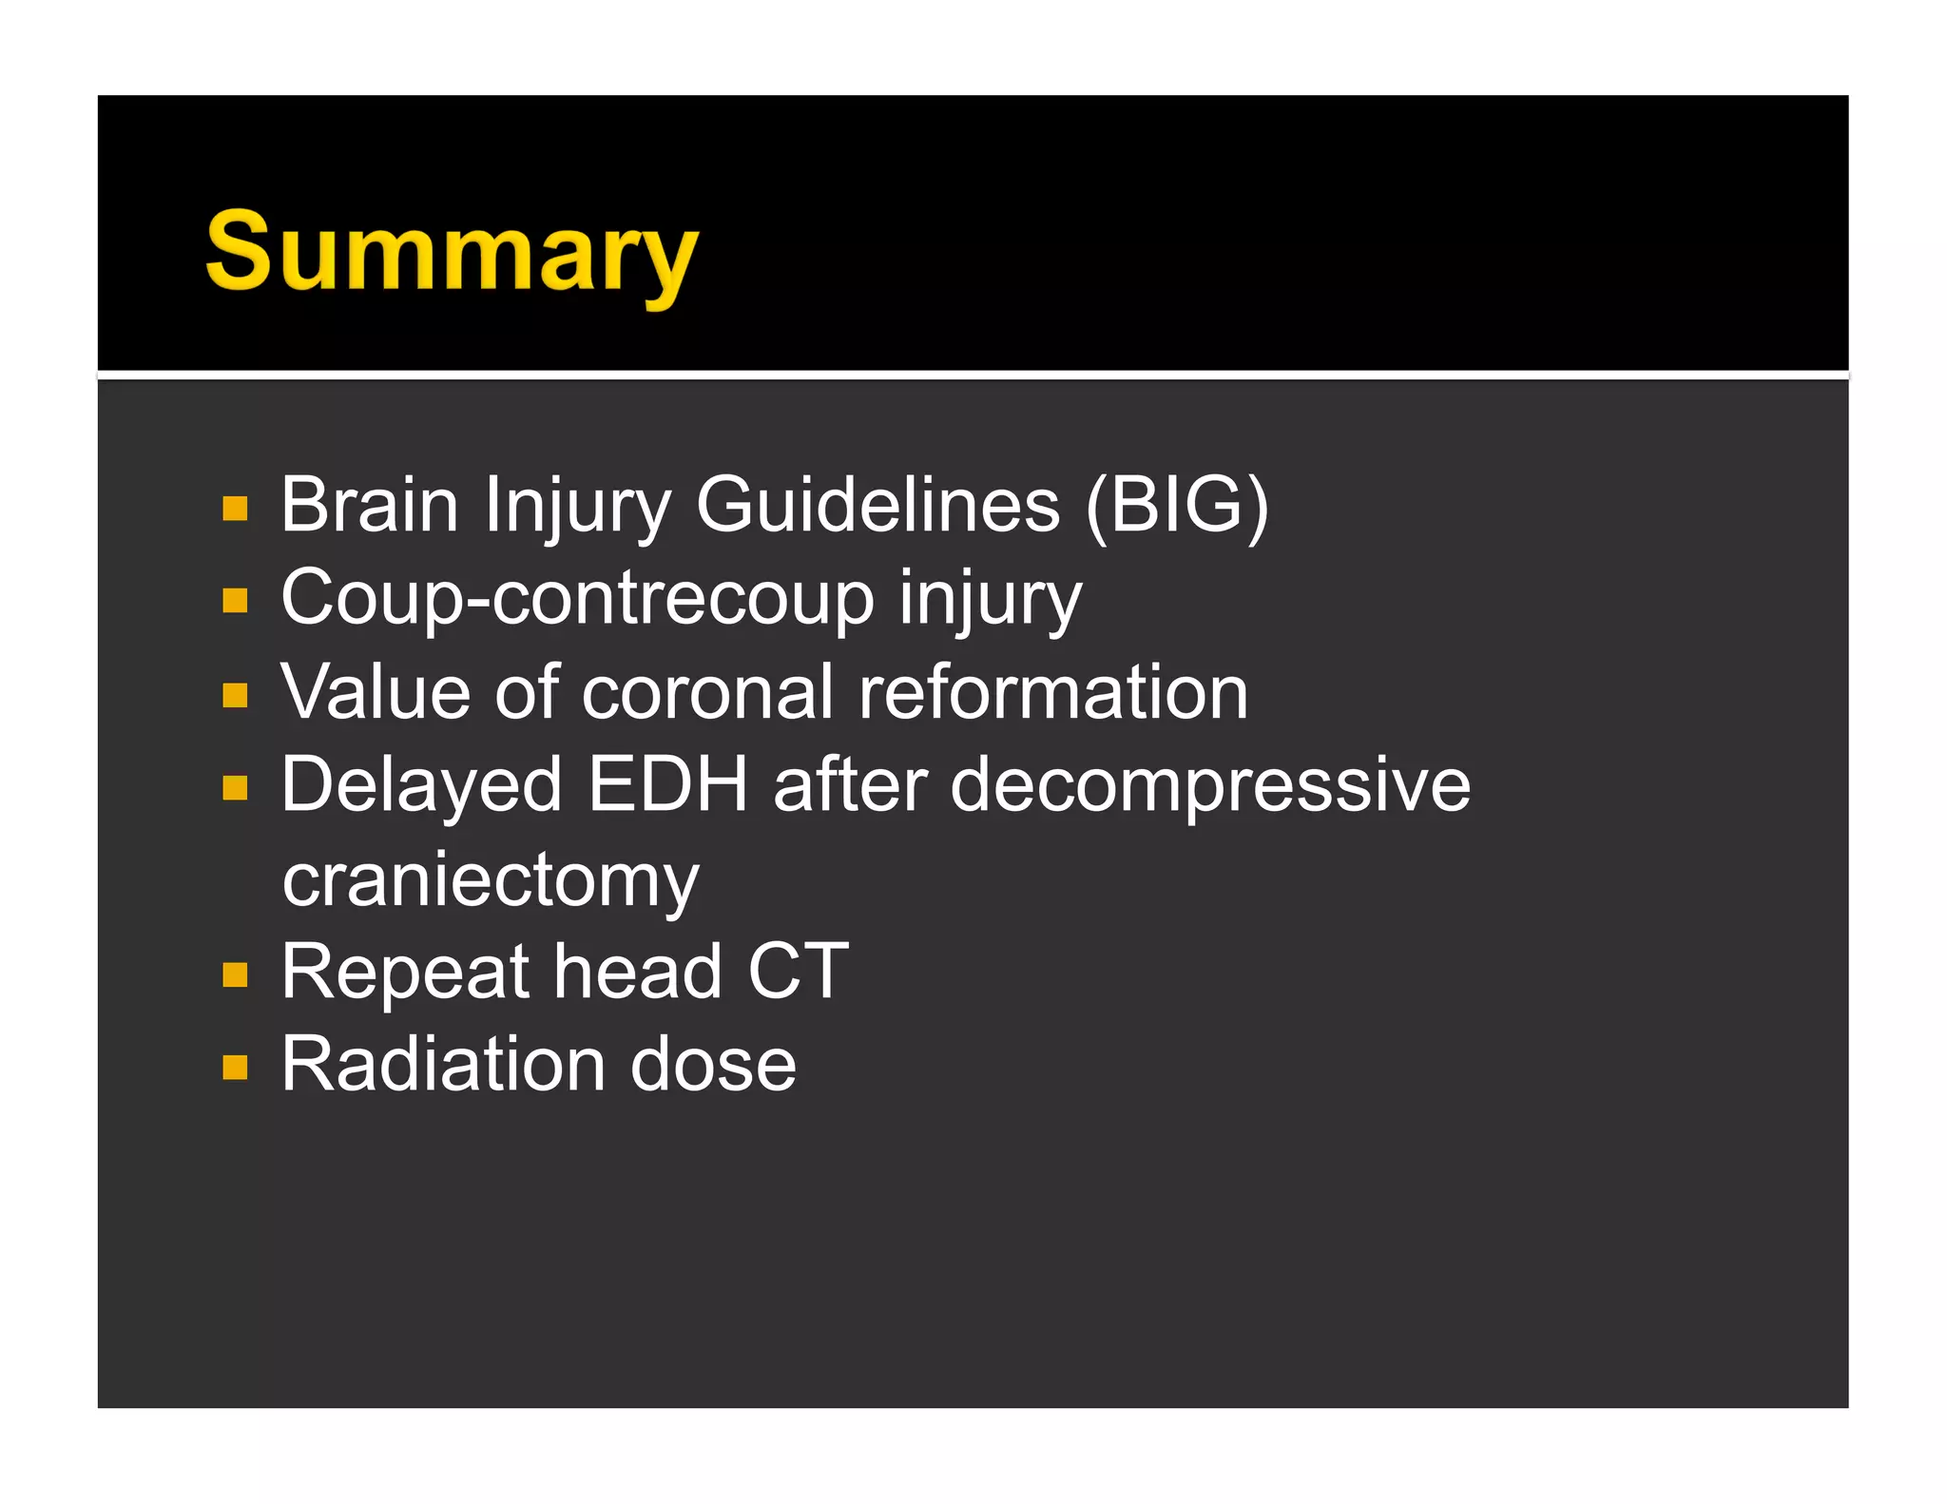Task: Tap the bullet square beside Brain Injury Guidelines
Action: pos(235,509)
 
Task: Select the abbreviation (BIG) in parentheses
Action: pos(1177,505)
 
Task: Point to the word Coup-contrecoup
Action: pos(577,599)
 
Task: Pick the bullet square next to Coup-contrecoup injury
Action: pos(235,601)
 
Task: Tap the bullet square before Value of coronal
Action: pos(235,695)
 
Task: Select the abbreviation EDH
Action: pos(668,784)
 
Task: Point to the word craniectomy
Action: pos(491,880)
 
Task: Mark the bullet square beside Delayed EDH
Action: pos(235,787)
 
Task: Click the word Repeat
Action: pos(405,973)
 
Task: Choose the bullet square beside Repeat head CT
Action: pos(235,974)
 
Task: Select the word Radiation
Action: pos(442,1064)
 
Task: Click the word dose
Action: pos(713,1064)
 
